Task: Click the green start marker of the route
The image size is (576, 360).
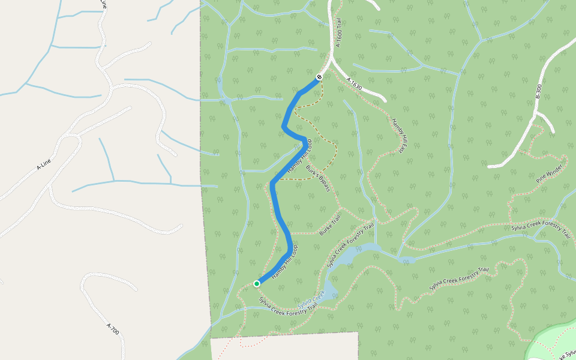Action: (x=256, y=284)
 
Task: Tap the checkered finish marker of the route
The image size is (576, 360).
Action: (x=319, y=77)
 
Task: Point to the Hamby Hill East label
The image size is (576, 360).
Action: (x=400, y=136)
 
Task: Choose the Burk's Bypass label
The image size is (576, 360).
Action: (x=318, y=179)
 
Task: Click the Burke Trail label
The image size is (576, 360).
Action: (x=330, y=225)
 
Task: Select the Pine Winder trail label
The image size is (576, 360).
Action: (x=550, y=173)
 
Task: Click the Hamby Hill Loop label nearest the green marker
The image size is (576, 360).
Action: (x=284, y=262)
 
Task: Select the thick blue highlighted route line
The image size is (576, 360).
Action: (x=277, y=204)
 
